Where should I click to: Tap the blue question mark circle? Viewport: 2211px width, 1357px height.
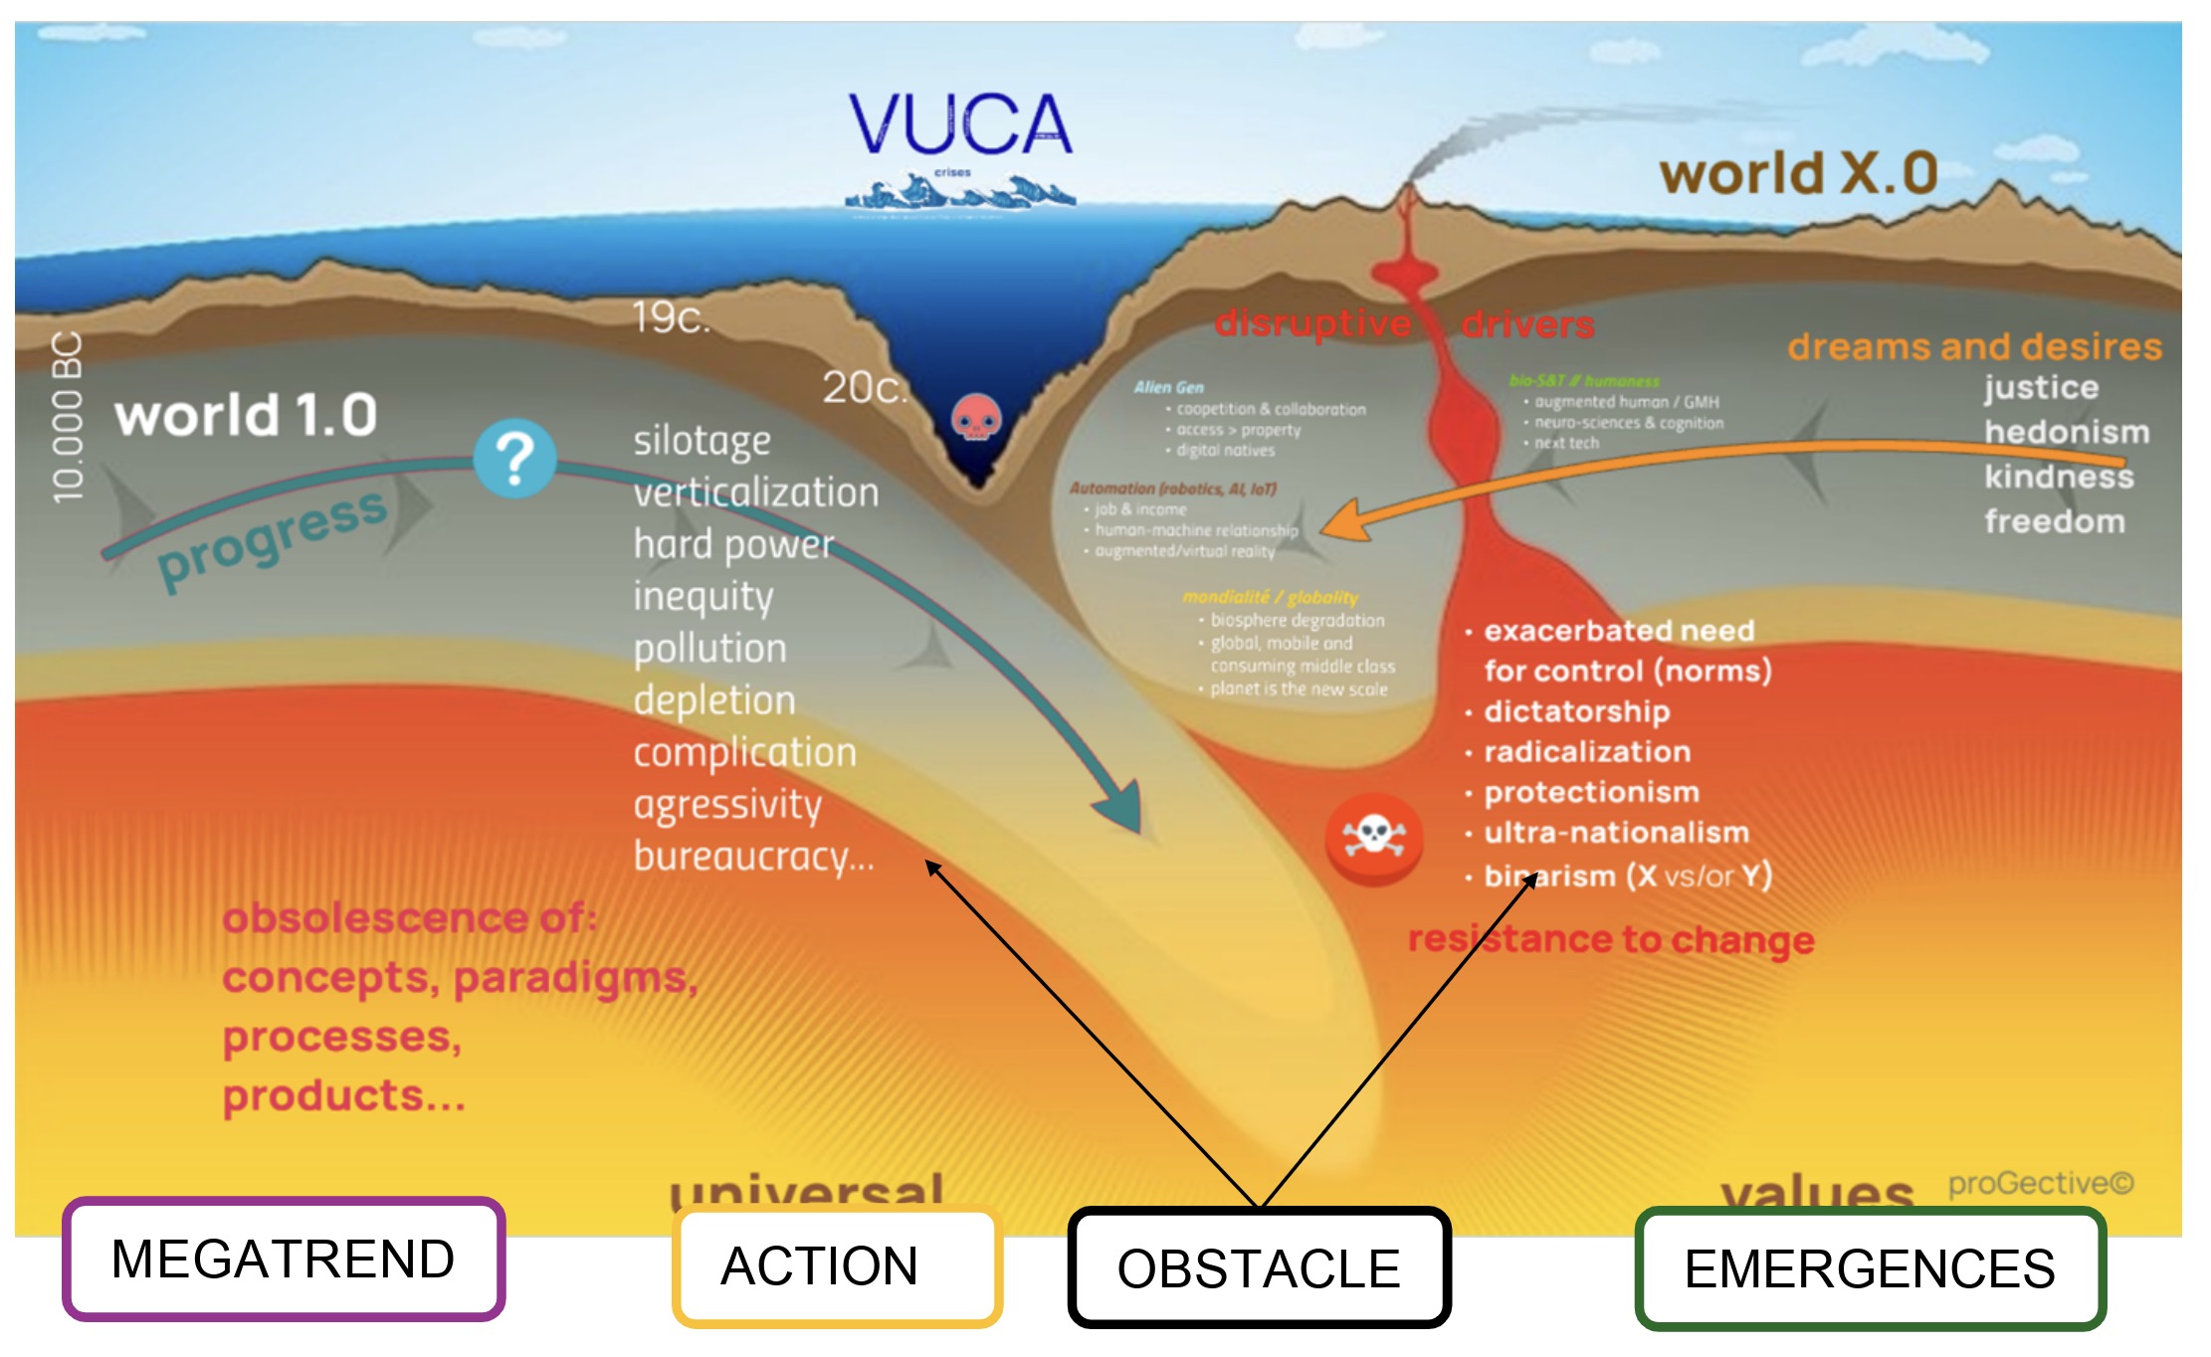(514, 459)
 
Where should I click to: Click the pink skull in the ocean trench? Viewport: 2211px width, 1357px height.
(976, 417)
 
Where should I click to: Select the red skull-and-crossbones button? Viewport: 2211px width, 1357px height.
(1373, 838)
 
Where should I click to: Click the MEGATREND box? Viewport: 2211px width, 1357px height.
(284, 1259)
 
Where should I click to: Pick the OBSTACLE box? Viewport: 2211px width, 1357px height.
(1259, 1267)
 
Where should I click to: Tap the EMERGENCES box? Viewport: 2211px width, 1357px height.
(1870, 1268)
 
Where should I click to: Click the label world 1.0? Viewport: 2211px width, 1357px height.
(246, 415)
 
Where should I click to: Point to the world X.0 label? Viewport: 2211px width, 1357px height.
(1798, 173)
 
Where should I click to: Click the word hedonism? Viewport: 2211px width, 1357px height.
(2067, 432)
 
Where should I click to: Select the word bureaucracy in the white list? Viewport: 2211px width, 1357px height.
(753, 856)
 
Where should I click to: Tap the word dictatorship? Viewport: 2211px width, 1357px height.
(1577, 711)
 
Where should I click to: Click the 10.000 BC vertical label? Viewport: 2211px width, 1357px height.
(68, 417)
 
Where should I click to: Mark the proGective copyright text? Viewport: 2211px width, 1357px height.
(2040, 1183)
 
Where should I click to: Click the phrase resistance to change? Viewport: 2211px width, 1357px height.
(1611, 939)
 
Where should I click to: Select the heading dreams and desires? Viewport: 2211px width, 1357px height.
(1974, 346)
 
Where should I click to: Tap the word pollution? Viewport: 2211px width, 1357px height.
(710, 649)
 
